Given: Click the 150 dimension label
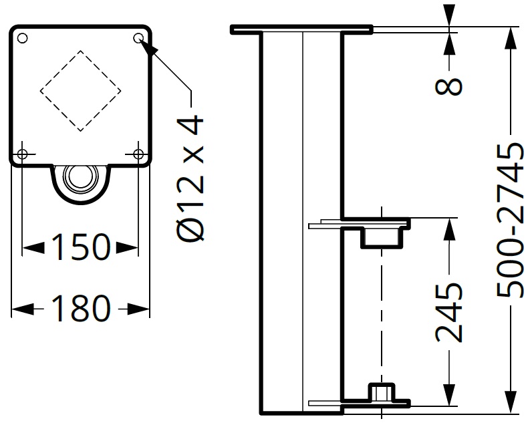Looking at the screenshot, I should [80, 248].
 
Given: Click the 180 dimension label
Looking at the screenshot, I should [80, 308].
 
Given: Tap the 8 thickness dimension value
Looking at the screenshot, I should [452, 86].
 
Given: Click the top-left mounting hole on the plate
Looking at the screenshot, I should [22, 38].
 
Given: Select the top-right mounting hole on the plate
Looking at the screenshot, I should [138, 38].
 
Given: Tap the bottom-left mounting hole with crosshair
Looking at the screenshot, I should [22, 154].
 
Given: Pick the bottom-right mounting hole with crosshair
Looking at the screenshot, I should [138, 154].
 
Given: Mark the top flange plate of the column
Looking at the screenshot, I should [301, 30].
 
